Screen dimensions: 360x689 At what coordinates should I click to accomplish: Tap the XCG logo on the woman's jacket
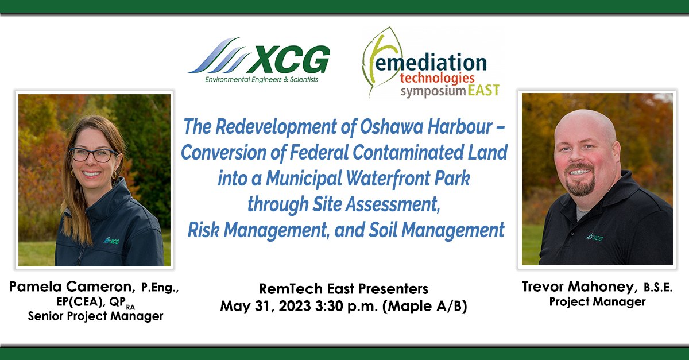click(x=111, y=239)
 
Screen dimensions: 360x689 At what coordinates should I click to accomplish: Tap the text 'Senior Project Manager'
click(x=95, y=316)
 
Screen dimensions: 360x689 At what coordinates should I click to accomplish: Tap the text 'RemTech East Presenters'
click(x=343, y=289)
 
